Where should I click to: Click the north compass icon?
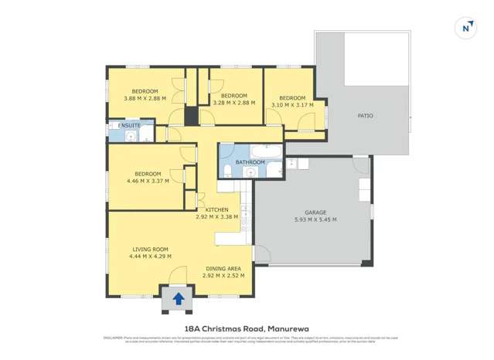pyautogui.click(x=465, y=27)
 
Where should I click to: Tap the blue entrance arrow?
pyautogui.click(x=179, y=297)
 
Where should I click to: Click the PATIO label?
pyautogui.click(x=365, y=116)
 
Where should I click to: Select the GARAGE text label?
pyautogui.click(x=315, y=212)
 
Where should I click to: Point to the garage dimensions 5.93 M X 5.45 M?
pyautogui.click(x=315, y=219)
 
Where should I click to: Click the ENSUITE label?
pyautogui.click(x=129, y=125)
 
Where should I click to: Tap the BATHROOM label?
pyautogui.click(x=250, y=162)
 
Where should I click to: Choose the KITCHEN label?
pyautogui.click(x=216, y=210)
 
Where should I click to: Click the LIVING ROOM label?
pyautogui.click(x=150, y=249)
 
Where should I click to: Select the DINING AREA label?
pyautogui.click(x=223, y=268)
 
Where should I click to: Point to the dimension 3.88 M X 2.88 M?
pyautogui.click(x=145, y=98)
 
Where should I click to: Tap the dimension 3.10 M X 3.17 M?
pyautogui.click(x=291, y=105)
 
